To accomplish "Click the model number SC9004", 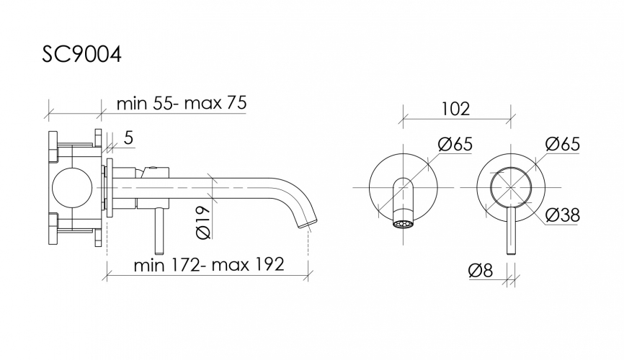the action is click(x=81, y=54).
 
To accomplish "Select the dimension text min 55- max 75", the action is click(x=182, y=103).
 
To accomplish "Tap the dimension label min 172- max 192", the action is click(x=209, y=264).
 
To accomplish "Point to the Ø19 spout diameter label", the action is click(x=204, y=222).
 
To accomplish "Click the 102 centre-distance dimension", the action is click(x=455, y=109).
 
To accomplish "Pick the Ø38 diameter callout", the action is click(x=563, y=215).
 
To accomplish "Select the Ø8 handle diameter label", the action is click(x=481, y=271).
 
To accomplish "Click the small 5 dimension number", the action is click(x=128, y=138).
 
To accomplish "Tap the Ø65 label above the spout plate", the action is click(x=455, y=143).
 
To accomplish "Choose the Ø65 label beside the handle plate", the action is click(x=563, y=143).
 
